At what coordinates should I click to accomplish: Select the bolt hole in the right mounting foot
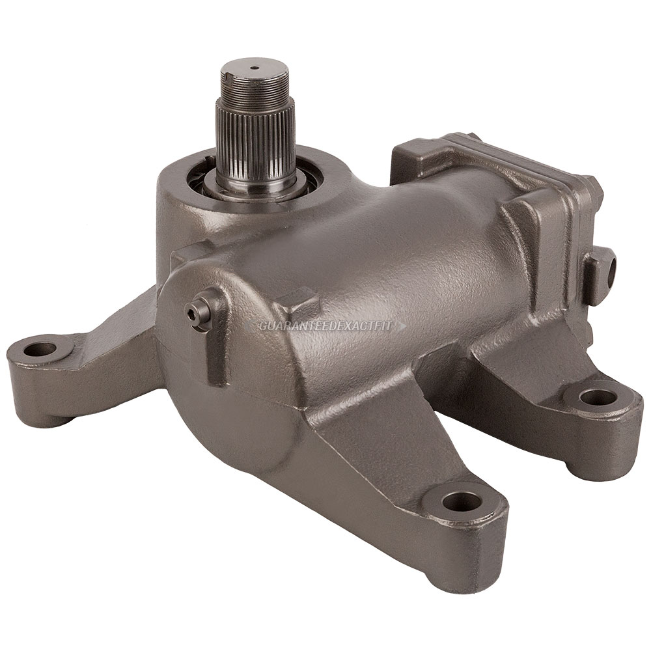(596, 399)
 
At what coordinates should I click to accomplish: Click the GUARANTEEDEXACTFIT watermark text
(325, 326)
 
